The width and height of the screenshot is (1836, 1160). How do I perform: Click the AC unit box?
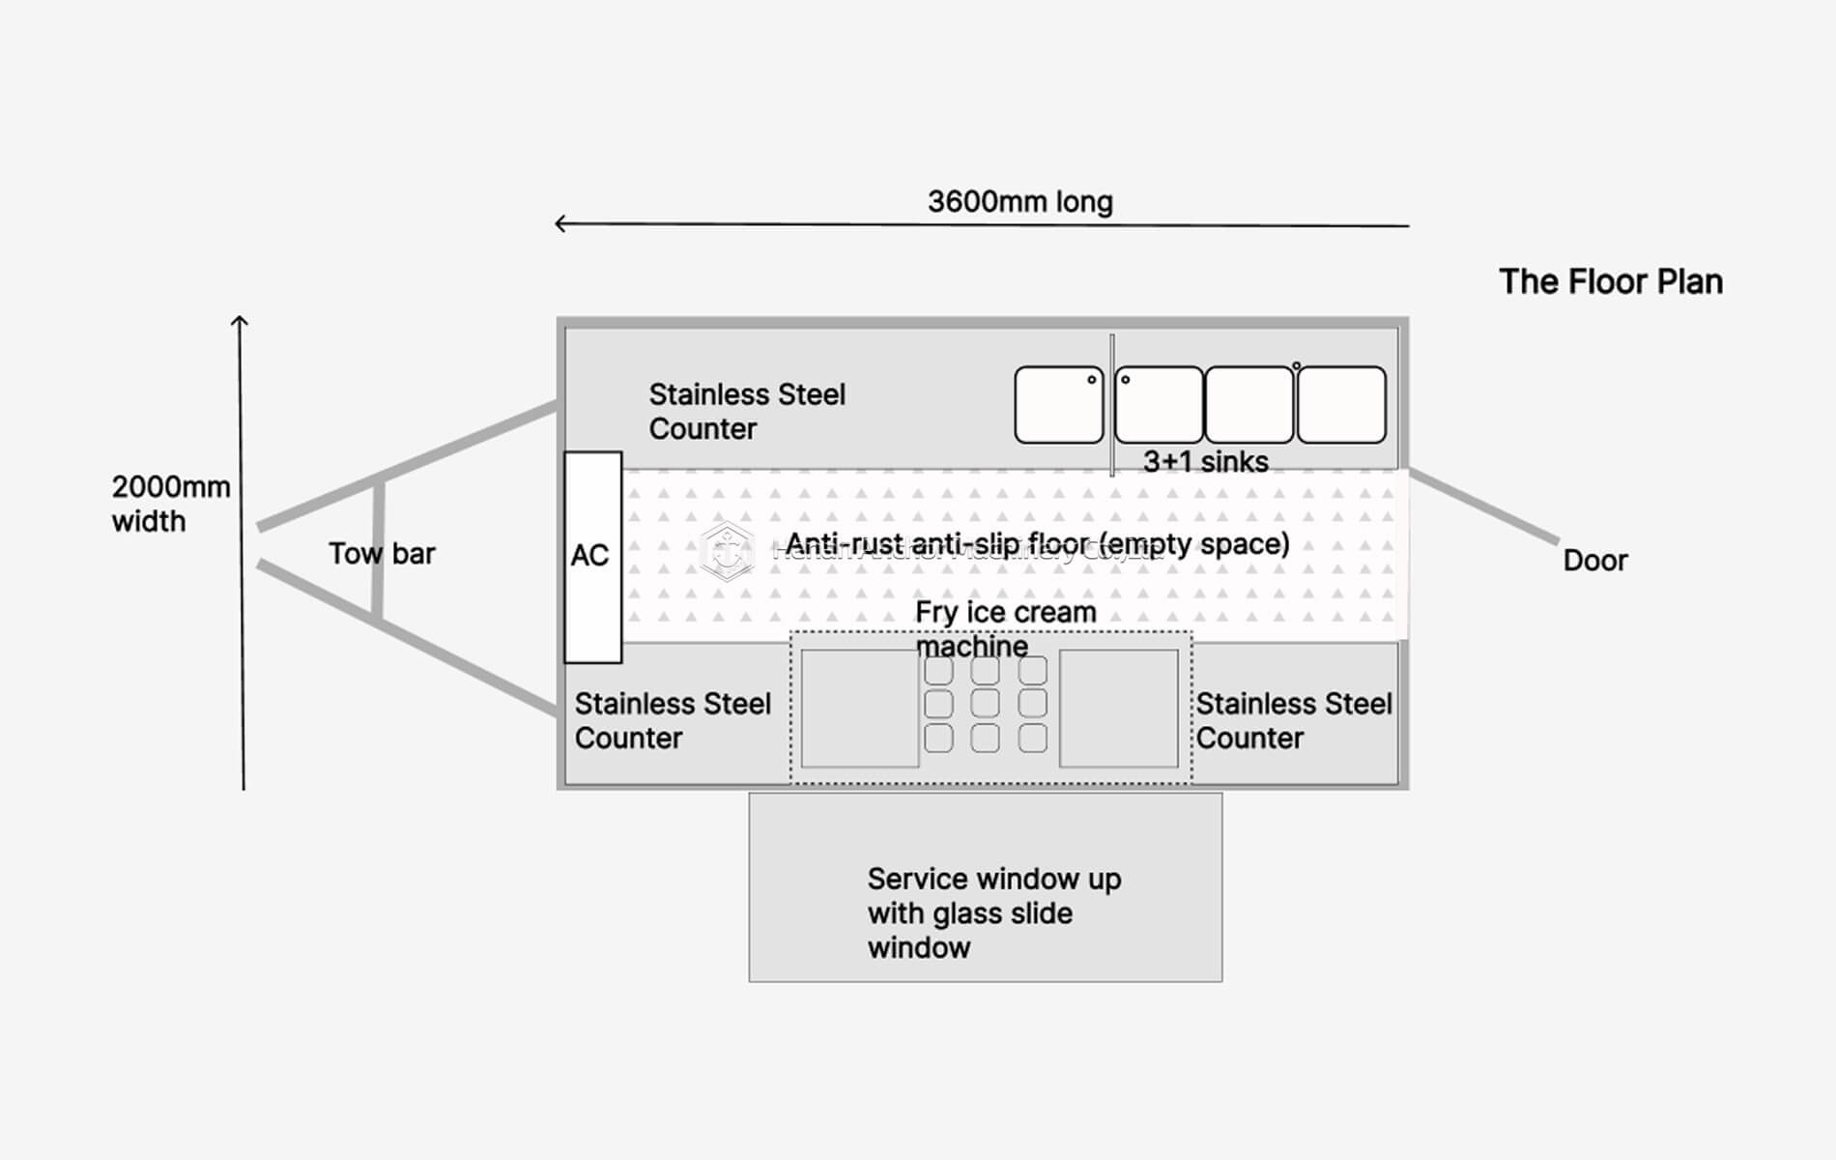[592, 557]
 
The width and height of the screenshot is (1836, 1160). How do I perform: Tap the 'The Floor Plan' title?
[1610, 282]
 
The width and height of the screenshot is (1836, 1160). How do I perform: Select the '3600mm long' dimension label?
[1019, 202]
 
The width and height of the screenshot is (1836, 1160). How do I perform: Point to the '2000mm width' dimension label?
[170, 504]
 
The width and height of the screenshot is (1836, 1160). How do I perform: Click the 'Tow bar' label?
[381, 554]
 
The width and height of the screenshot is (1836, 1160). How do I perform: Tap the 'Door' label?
[1594, 561]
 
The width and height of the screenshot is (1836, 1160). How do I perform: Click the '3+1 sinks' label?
[1205, 462]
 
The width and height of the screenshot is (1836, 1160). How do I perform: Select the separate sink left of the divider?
[1058, 405]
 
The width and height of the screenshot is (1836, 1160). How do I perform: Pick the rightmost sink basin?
[1341, 405]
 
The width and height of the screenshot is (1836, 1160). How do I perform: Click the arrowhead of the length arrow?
[559, 224]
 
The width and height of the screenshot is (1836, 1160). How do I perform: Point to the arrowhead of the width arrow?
[241, 321]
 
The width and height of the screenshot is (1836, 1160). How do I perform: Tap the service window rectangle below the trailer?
[985, 886]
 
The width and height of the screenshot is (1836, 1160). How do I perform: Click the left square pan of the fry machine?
[859, 709]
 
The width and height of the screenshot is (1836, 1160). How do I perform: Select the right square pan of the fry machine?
[1118, 709]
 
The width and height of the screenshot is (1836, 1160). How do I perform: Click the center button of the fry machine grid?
[985, 703]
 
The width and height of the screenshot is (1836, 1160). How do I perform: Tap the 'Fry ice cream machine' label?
[1005, 628]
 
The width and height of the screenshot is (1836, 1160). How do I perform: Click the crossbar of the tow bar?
[378, 551]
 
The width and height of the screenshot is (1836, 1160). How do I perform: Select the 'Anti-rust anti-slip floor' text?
[1036, 544]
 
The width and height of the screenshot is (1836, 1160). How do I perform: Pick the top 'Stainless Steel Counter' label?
[746, 412]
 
